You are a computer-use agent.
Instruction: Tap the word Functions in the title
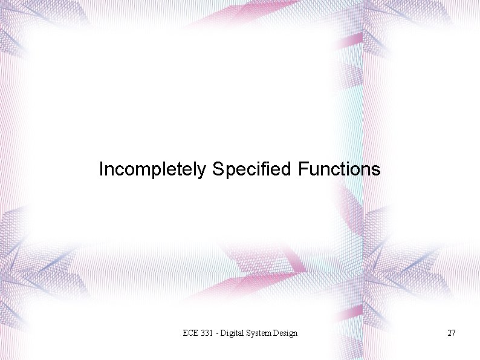(339, 169)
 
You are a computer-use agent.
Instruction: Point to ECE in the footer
(190, 333)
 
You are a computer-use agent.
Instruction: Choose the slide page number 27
(451, 333)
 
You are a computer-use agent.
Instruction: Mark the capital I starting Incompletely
(101, 169)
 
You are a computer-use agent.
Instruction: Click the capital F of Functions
(302, 169)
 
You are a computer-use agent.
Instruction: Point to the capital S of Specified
(218, 169)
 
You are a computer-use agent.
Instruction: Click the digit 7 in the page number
(453, 333)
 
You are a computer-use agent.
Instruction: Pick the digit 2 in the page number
(449, 333)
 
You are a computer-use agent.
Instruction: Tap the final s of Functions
(377, 171)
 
